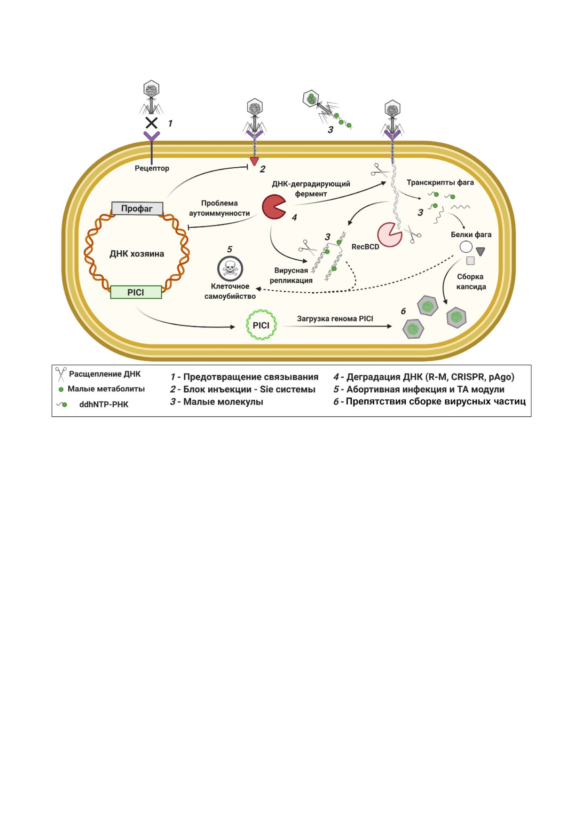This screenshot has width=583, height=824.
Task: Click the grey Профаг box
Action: pos(137,209)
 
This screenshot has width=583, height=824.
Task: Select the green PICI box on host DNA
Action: pos(136,292)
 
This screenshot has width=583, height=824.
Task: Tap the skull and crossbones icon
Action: pos(230,268)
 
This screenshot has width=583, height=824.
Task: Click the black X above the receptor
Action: pos(151,123)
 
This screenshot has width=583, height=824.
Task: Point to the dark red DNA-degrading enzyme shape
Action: pos(273,207)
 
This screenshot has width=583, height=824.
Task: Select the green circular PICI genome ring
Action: pos(261,325)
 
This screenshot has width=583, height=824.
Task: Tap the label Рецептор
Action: pos(152,168)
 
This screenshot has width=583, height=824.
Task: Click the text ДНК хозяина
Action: pos(137,254)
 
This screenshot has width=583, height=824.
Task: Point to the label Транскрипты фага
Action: pos(440,182)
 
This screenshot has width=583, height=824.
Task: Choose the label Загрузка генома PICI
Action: pos(335,319)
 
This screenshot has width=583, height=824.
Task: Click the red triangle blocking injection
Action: pos(254,162)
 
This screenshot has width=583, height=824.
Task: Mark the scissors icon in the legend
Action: pos(61,374)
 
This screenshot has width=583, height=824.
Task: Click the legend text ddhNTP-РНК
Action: pos(103,404)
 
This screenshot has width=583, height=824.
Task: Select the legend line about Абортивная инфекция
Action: pos(419,389)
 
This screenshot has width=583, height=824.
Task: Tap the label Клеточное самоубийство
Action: pos(230,291)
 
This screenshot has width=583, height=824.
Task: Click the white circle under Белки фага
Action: pos(466,247)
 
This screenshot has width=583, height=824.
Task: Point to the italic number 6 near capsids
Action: pos(403,311)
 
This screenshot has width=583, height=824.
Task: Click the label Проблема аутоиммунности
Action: pos(219,208)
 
